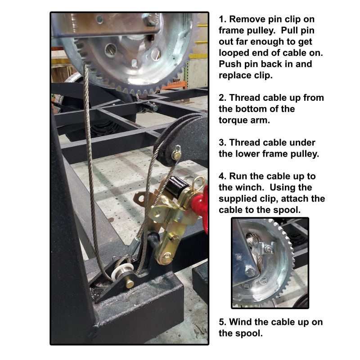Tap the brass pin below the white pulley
pyautogui.click(x=130, y=284)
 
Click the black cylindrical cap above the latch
pyautogui.click(x=177, y=185)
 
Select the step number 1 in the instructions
pyautogui.click(x=222, y=19)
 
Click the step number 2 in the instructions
pyautogui.click(x=222, y=98)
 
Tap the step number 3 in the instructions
pyautogui.click(x=222, y=143)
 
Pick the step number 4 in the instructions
pyautogui.click(x=222, y=176)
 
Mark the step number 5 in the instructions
pyautogui.click(x=222, y=322)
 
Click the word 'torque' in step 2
pyautogui.click(x=233, y=120)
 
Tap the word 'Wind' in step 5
pyautogui.click(x=240, y=322)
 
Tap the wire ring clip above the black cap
pyautogui.click(x=198, y=183)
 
